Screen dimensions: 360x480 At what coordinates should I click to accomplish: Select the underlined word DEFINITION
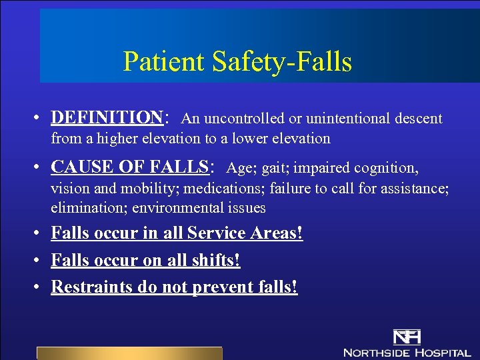pos(107,118)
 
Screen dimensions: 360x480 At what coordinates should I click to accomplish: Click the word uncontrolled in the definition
pos(244,119)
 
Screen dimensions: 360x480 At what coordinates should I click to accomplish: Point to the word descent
pos(416,119)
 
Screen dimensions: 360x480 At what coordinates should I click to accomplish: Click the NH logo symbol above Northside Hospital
pos(406,337)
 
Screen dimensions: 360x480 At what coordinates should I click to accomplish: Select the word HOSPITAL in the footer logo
pos(443,351)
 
